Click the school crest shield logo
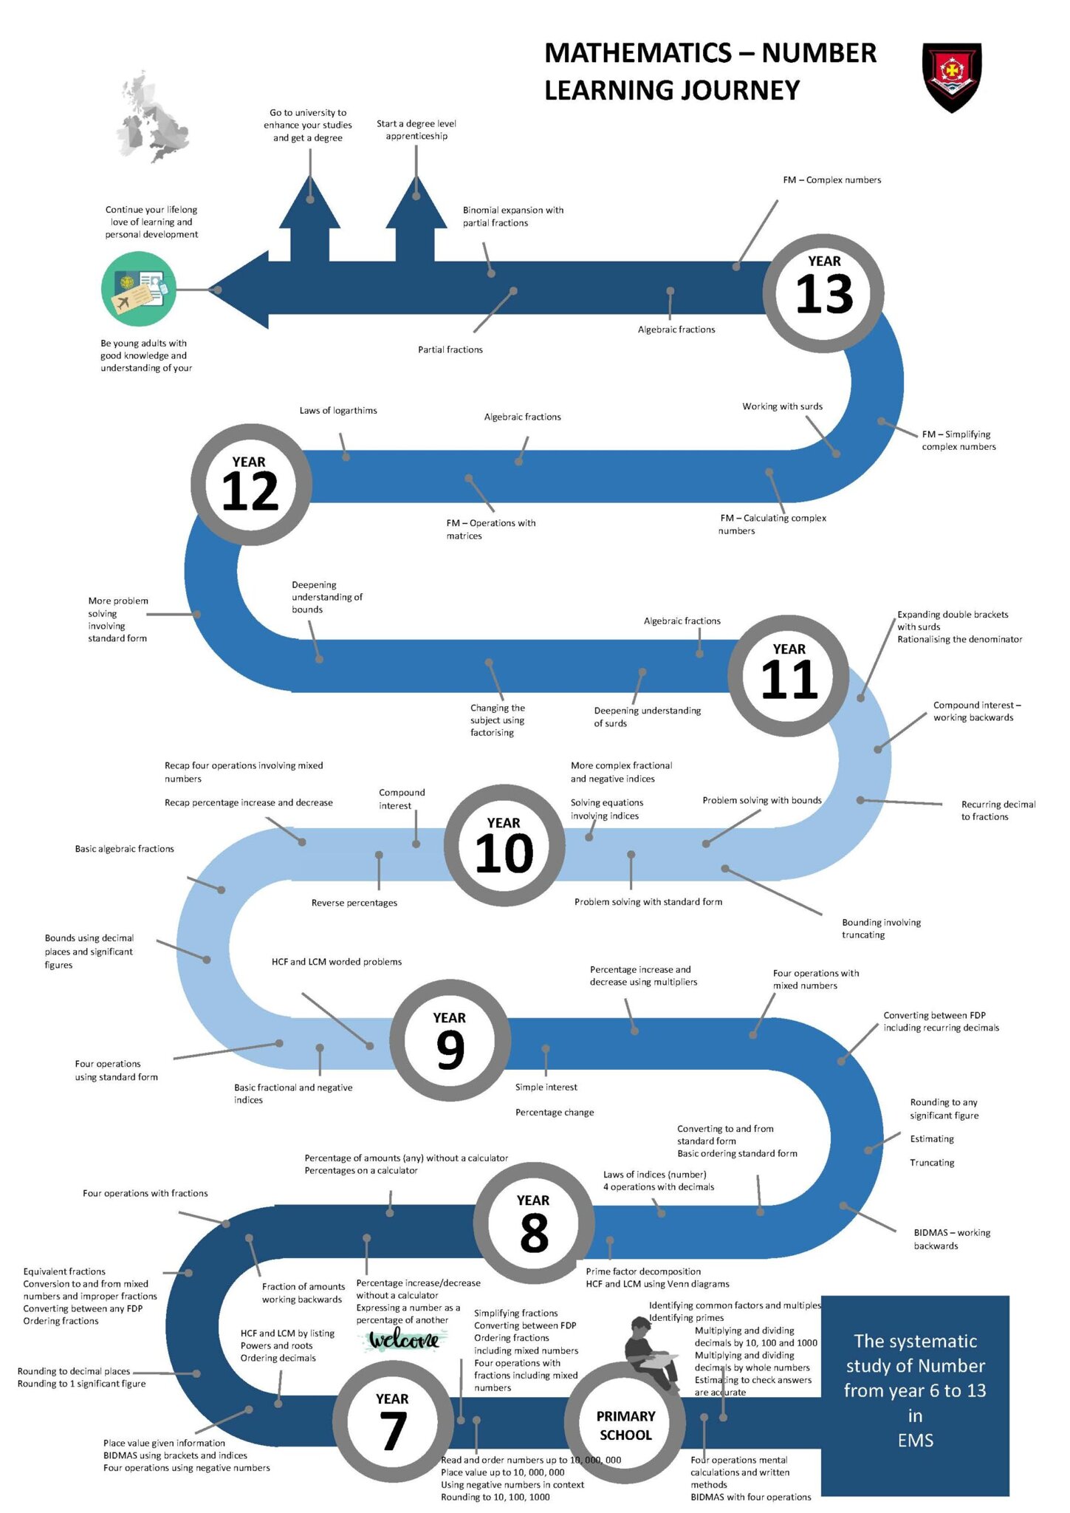(952, 77)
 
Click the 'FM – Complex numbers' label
(832, 180)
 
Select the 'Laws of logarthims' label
(338, 411)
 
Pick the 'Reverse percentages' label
(354, 903)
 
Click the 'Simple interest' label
(546, 1087)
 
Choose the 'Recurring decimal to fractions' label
(998, 810)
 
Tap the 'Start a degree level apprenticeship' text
(416, 129)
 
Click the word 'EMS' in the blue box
(916, 1440)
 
